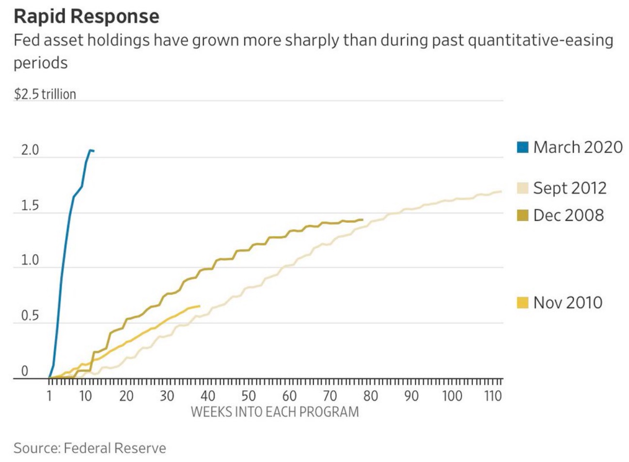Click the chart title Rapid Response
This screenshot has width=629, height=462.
coord(86,16)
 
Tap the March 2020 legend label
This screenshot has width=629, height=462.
coord(578,147)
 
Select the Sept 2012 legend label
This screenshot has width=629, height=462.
coord(569,188)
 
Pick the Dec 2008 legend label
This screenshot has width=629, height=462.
coord(568,216)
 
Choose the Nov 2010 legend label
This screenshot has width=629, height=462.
coord(567,303)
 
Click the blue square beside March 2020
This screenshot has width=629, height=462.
coord(522,147)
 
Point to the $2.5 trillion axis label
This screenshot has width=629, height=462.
coord(45,94)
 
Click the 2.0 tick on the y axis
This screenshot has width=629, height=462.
coord(30,150)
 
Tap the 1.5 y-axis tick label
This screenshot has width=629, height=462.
coord(30,205)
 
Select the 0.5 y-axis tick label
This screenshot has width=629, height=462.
coord(30,316)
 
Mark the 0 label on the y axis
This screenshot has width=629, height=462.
coord(25,371)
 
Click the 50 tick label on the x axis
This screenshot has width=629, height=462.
coord(249,396)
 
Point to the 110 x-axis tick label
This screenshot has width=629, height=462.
coord(492,396)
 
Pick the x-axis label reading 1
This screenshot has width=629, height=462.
coord(49,396)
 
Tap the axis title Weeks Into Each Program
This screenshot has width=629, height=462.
coord(275,412)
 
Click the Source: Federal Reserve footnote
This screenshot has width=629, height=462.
coord(90,448)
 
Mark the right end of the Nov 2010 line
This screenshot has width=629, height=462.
coord(199,306)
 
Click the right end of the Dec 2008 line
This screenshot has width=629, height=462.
coord(362,219)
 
